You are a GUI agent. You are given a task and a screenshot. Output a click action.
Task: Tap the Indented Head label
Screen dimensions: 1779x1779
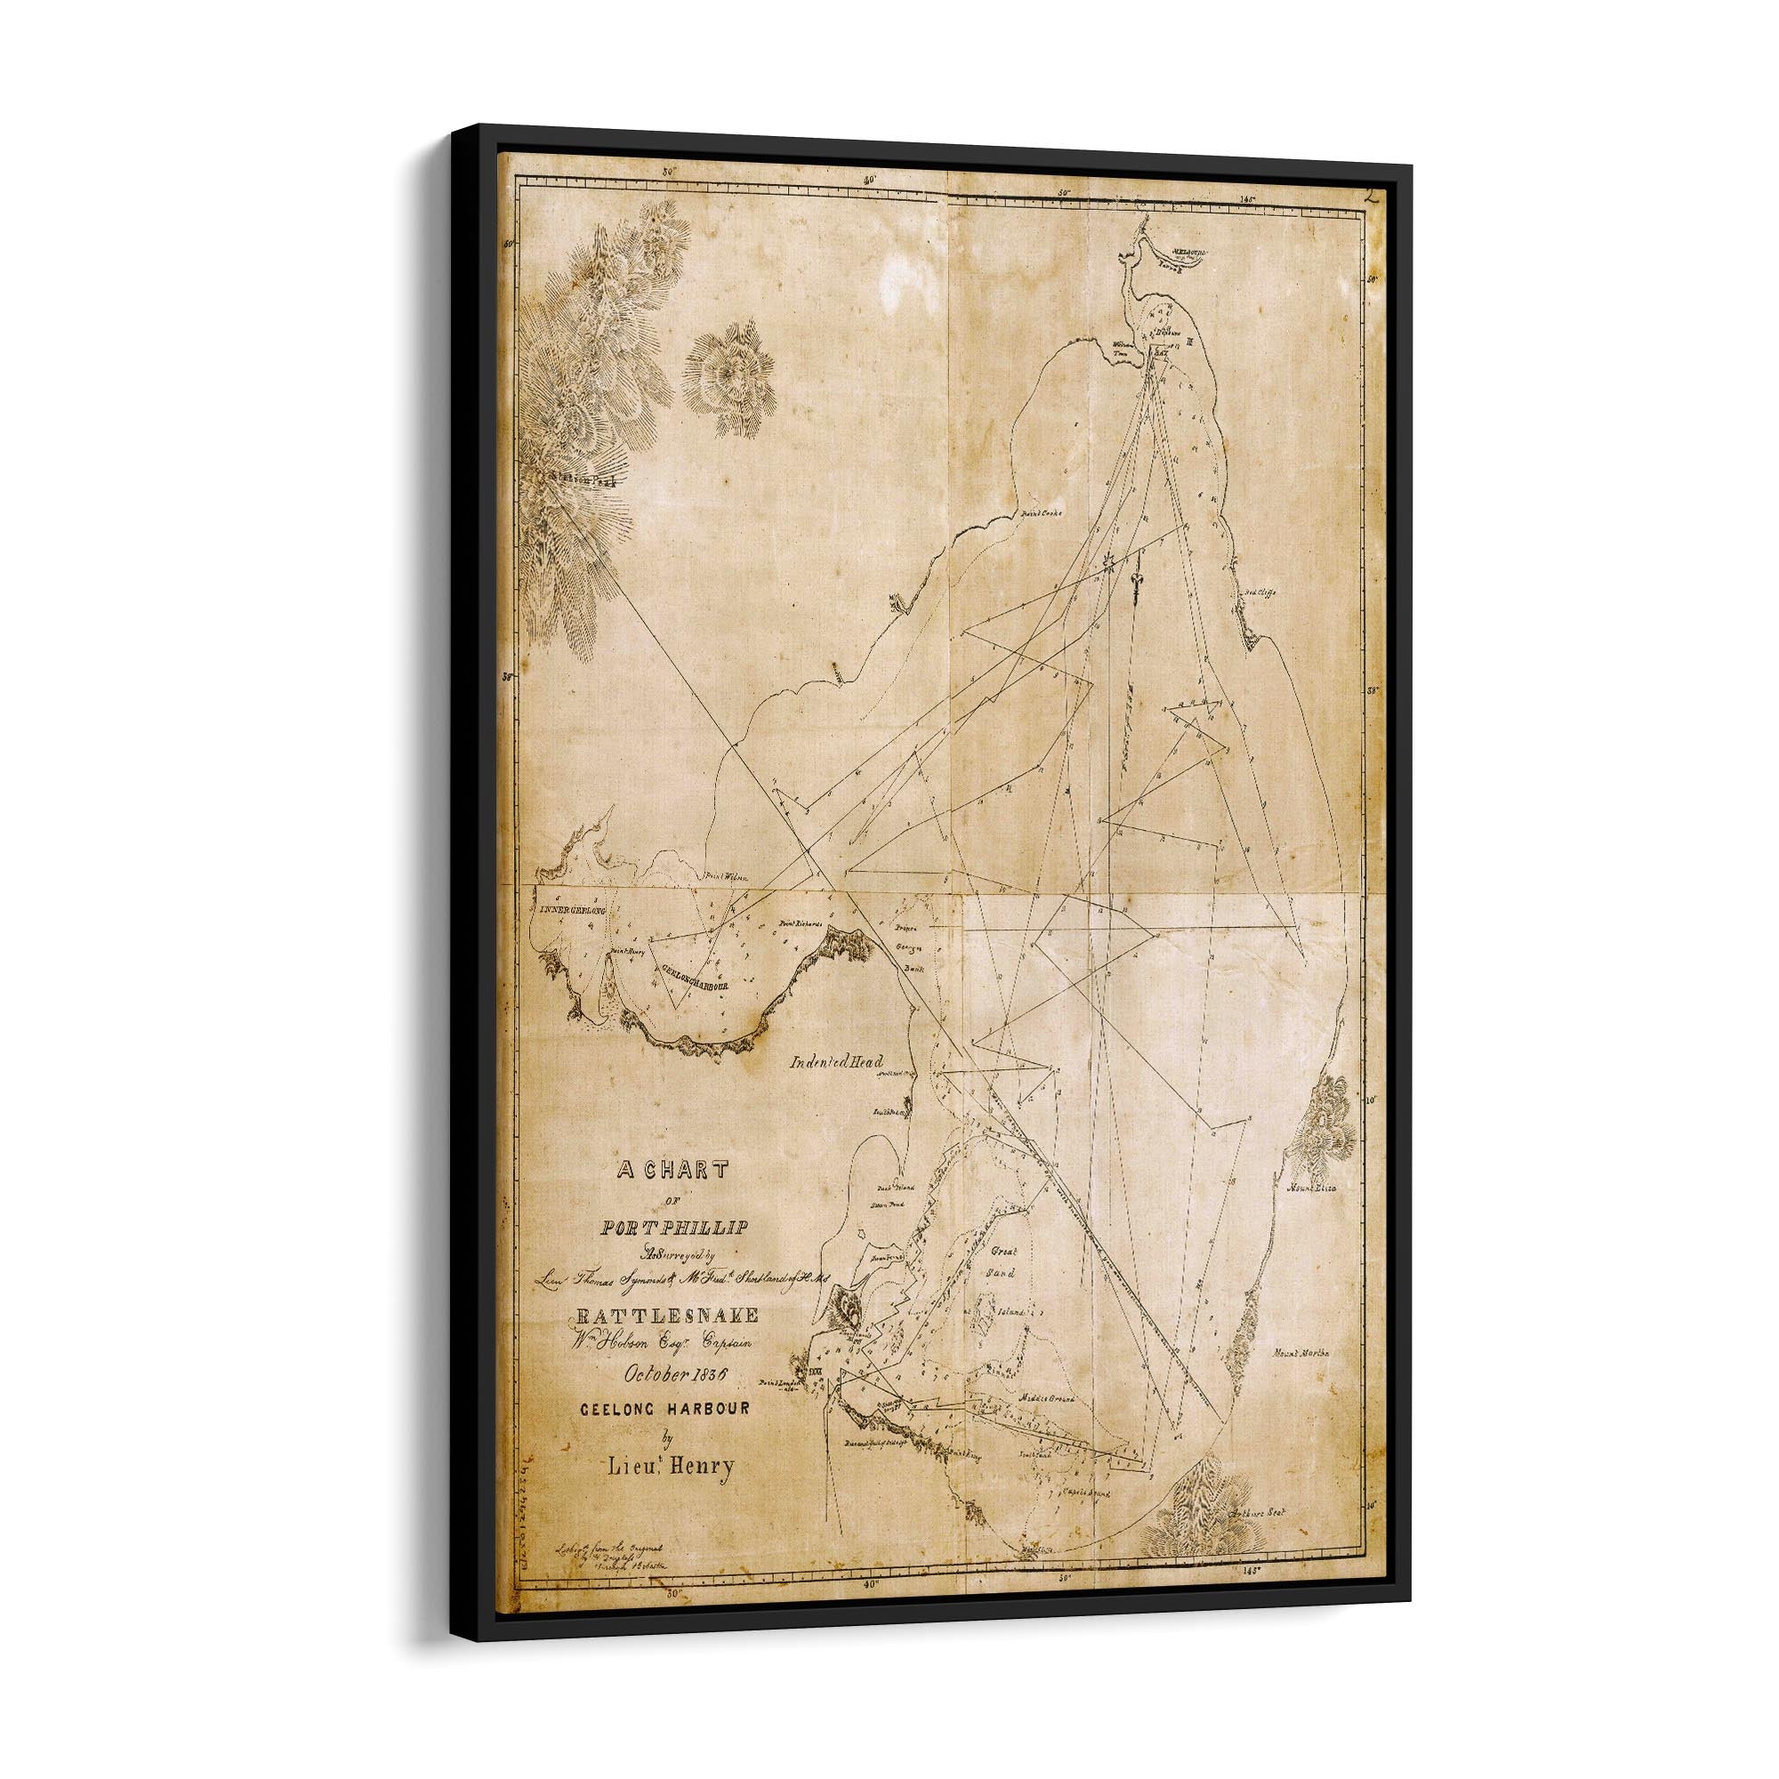click(836, 1062)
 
